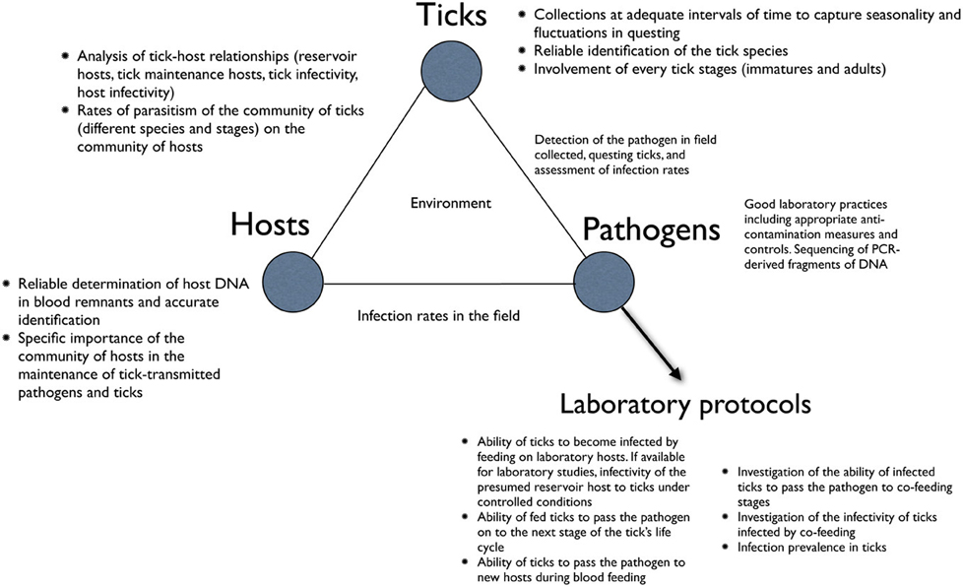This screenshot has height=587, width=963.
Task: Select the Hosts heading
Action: point(270,225)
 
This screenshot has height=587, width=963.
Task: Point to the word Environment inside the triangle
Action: point(450,203)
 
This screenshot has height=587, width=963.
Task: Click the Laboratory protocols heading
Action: point(685,405)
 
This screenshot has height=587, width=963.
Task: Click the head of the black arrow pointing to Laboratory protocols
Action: point(675,374)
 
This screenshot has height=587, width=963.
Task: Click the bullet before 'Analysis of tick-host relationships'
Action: point(65,55)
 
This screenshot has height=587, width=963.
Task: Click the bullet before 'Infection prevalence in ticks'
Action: point(726,547)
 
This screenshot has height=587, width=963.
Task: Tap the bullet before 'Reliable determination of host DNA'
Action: point(7,284)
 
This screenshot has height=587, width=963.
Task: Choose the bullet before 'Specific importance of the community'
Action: point(7,338)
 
